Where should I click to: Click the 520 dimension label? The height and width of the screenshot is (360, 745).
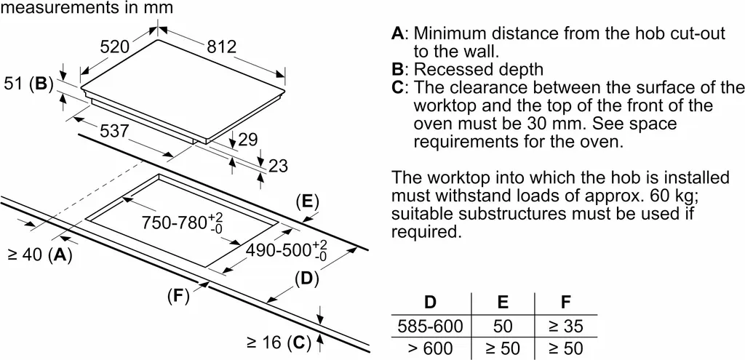click(115, 47)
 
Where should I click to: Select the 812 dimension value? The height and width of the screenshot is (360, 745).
click(221, 47)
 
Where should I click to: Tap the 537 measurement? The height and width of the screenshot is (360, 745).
click(114, 132)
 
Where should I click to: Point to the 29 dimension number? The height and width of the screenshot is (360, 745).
click(249, 138)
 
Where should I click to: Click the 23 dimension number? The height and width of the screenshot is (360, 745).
click(279, 167)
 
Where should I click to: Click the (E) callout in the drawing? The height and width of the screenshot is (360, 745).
click(308, 201)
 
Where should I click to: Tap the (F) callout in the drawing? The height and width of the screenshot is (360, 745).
click(178, 296)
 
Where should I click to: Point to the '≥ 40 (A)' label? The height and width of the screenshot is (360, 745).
click(41, 255)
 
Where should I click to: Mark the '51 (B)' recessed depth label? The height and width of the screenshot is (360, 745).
click(30, 84)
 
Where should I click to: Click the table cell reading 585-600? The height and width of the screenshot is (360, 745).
click(430, 327)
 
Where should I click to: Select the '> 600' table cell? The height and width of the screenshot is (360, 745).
click(430, 348)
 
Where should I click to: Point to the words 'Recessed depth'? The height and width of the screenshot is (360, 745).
click(478, 70)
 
